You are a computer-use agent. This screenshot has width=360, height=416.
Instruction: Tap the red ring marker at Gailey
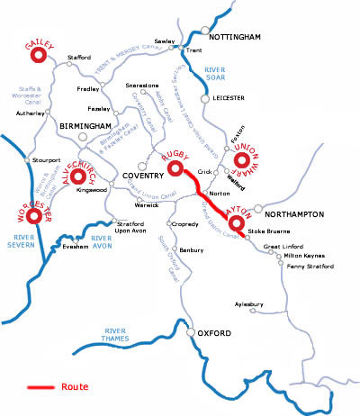(39, 56)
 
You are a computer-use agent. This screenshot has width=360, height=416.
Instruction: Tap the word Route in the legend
(76, 386)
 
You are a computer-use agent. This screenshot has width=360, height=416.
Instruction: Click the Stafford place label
(79, 58)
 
